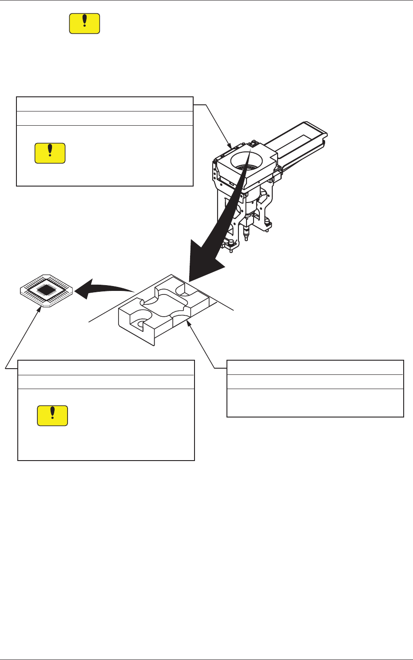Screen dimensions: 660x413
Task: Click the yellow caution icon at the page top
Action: coord(84,24)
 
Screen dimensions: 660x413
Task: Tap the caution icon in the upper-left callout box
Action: coord(50,153)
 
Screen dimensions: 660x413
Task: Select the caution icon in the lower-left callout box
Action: coord(52,416)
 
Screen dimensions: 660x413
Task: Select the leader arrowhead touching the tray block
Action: coord(190,324)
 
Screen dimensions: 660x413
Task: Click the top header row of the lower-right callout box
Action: coord(315,367)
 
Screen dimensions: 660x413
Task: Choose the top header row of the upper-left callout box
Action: coord(104,104)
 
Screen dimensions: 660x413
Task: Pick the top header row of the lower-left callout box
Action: coord(106,368)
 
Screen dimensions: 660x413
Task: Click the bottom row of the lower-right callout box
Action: coord(315,403)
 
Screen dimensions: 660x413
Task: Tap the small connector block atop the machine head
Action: coord(253,143)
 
